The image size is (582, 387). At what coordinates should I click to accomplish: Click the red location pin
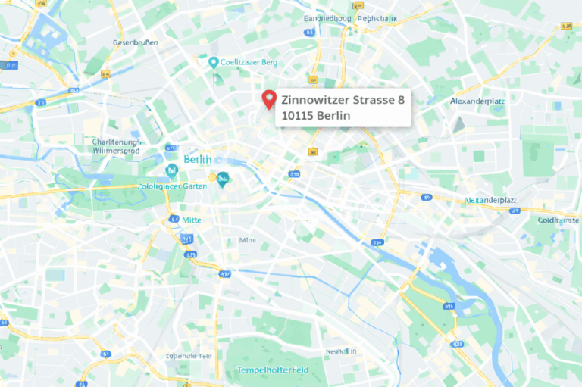click(x=268, y=100)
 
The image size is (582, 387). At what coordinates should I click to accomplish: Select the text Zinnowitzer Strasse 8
click(x=343, y=100)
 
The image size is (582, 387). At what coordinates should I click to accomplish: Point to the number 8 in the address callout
click(x=402, y=100)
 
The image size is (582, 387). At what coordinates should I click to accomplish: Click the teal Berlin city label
click(x=198, y=160)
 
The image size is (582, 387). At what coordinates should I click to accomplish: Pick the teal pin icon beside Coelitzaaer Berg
click(x=214, y=62)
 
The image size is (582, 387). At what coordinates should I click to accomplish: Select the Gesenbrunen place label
click(x=135, y=42)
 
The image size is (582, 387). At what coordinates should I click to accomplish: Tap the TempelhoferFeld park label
click(x=273, y=370)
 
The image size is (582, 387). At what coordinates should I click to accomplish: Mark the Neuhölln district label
click(x=341, y=351)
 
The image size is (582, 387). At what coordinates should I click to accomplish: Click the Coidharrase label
click(x=558, y=220)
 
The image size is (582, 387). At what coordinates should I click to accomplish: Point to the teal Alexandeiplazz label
click(x=490, y=201)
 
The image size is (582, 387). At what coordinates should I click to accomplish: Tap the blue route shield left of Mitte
click(x=174, y=219)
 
